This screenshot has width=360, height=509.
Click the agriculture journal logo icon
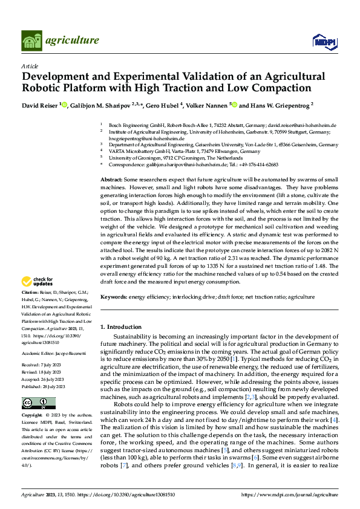(31, 41)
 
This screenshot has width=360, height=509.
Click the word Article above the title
(30, 66)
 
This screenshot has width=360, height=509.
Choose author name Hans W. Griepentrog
(278, 105)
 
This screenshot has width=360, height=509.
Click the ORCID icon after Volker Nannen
(234, 105)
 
